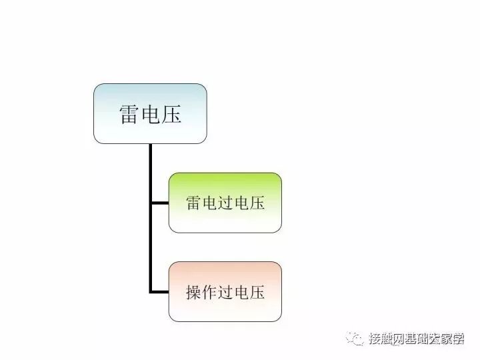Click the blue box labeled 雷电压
150,113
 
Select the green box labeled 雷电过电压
225,203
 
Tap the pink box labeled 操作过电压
225,291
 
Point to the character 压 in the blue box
171,114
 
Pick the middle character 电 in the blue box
150,114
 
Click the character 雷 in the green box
193,203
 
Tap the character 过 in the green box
225,203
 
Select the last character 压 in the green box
257,203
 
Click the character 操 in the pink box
193,292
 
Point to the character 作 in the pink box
209,292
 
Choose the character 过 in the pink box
225,292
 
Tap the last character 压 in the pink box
257,292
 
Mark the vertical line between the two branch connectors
151,247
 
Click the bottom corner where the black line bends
151,291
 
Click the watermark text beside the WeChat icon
417,339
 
